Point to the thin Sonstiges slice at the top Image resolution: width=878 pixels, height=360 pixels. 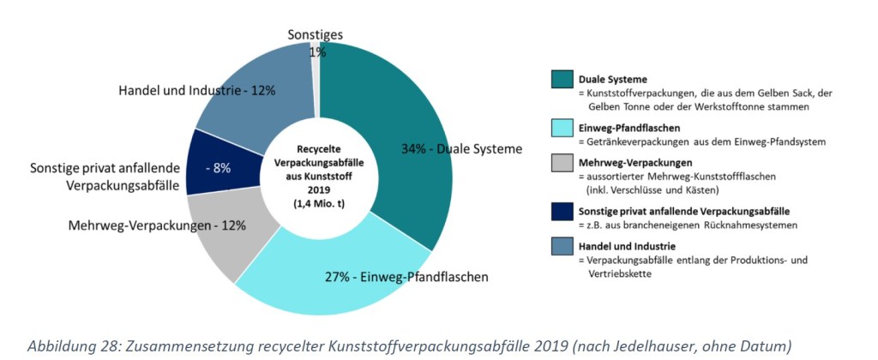tap(315, 69)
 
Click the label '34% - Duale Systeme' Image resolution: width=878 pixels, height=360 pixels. tap(461, 148)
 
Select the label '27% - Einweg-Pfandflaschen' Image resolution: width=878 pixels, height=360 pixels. tap(406, 277)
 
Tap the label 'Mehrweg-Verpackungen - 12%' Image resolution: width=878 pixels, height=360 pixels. tap(157, 225)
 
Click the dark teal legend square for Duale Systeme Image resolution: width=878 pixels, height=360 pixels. tap(561, 80)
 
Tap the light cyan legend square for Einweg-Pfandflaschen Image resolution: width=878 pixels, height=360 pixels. tap(561, 128)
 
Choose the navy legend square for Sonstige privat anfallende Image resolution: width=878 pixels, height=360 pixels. tap(561, 211)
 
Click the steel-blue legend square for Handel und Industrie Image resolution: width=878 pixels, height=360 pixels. tap(561, 248)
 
